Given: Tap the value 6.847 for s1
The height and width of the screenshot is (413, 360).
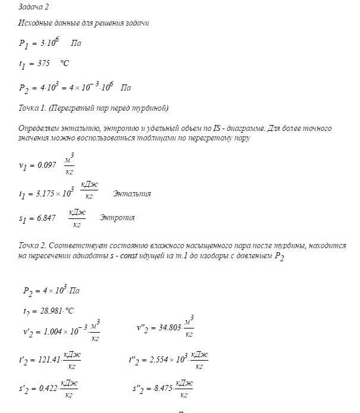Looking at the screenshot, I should (46, 218).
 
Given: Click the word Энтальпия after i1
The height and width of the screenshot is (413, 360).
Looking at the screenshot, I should (132, 194).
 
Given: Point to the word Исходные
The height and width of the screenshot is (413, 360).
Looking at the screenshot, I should (35, 23).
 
